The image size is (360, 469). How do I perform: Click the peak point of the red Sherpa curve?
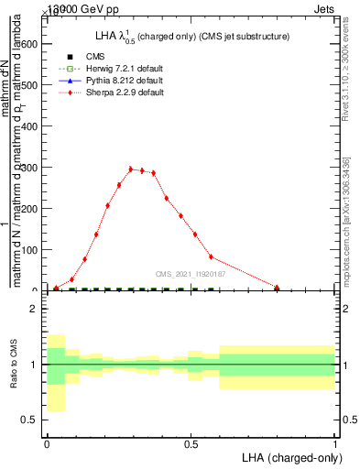131,169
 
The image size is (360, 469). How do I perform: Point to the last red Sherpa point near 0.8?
277,287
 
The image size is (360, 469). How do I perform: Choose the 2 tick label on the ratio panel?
34,310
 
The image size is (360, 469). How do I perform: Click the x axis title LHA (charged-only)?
292,457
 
